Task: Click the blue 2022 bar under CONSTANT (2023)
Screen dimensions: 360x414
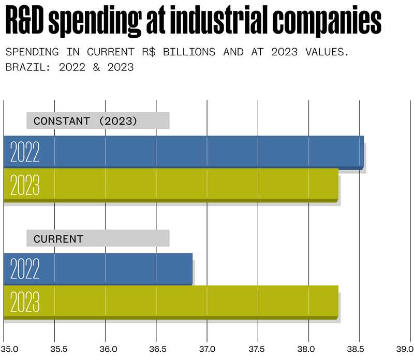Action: pos(184,152)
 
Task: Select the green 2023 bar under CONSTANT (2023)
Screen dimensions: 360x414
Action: pos(171,185)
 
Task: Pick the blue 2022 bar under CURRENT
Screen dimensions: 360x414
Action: pos(98,269)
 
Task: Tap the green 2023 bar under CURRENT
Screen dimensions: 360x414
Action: pos(171,302)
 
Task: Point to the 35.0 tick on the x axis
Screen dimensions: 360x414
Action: pos(11,349)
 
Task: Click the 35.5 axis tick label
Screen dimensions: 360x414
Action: pos(60,349)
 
